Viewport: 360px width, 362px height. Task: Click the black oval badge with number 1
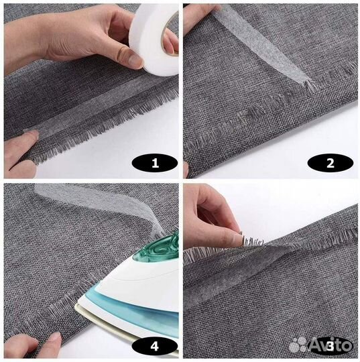155,163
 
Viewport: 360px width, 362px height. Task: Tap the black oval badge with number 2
331,163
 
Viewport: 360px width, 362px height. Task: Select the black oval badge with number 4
155,347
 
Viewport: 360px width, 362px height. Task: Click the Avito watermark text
331,345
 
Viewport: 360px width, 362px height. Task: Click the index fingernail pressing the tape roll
135,58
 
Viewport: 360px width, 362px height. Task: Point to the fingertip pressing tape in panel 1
32,136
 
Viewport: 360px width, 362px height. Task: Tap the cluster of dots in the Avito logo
298,345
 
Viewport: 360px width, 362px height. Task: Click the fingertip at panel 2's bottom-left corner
186,170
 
